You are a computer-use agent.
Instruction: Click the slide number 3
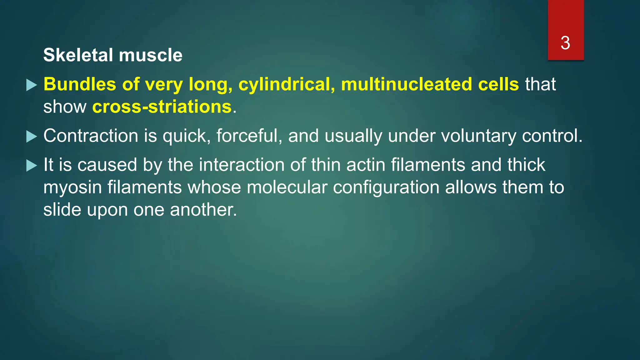click(x=565, y=43)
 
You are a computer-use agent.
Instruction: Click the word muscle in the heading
click(x=151, y=55)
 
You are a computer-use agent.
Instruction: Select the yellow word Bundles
click(x=80, y=84)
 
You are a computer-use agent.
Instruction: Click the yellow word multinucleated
click(x=406, y=84)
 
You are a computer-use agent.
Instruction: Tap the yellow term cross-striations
click(x=162, y=107)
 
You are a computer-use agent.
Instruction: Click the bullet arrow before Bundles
click(x=32, y=85)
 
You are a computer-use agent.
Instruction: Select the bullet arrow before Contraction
click(x=32, y=137)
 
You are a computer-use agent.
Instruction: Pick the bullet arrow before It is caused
click(x=32, y=166)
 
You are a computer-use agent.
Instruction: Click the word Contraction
click(x=91, y=136)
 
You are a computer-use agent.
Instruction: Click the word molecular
click(x=287, y=187)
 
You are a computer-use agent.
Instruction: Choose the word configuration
click(x=386, y=188)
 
